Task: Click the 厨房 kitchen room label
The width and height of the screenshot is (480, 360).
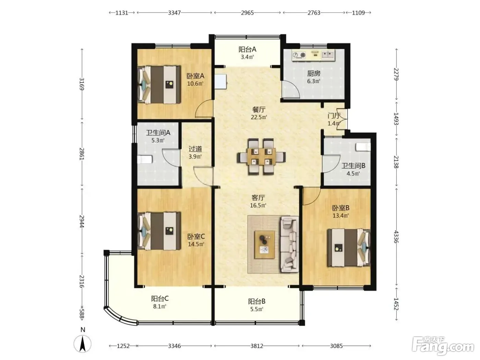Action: click(313, 73)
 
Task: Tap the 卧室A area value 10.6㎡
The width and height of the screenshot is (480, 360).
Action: click(195, 84)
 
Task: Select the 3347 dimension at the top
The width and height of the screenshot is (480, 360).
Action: click(174, 13)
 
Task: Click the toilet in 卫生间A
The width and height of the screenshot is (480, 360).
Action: click(145, 159)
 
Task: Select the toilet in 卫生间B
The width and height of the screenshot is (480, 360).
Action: click(363, 147)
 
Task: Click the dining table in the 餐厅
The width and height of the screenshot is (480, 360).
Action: click(261, 156)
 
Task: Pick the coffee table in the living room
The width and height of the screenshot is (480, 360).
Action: click(265, 244)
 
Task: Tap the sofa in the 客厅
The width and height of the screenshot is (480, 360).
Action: click(289, 244)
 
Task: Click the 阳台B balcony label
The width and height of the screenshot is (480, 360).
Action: click(256, 301)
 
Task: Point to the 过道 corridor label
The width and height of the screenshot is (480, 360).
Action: click(195, 149)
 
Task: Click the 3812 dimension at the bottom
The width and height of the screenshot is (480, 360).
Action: click(256, 346)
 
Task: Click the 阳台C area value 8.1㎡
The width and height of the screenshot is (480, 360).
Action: click(160, 306)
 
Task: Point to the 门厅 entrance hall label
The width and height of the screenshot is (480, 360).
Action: click(334, 116)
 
